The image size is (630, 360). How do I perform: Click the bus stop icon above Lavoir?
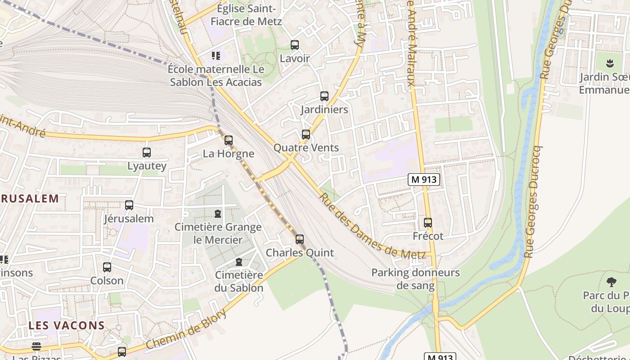tap(295, 45)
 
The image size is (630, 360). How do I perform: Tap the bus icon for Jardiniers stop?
tap(324, 96)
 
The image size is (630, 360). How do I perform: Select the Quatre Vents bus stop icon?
tap(306, 134)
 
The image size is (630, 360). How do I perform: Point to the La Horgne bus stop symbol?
tap(229, 140)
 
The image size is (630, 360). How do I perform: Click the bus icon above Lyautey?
tap(147, 152)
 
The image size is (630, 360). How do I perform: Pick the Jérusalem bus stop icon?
tap(129, 205)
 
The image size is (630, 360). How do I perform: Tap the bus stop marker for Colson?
tap(107, 267)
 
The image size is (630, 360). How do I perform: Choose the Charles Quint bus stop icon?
tap(300, 239)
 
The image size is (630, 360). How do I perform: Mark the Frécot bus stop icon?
tap(428, 223)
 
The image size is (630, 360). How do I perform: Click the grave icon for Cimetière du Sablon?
tap(239, 262)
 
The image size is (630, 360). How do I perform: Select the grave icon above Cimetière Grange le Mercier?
tap(218, 213)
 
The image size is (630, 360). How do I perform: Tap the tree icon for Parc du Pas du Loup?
tap(611, 282)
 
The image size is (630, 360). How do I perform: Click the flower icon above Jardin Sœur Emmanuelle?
tap(610, 63)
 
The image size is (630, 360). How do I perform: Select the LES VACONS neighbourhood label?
tap(67, 325)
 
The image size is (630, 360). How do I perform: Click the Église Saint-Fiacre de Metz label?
tap(246, 15)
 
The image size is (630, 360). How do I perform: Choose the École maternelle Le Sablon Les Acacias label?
tap(216, 76)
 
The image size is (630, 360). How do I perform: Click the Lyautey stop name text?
tap(147, 166)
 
